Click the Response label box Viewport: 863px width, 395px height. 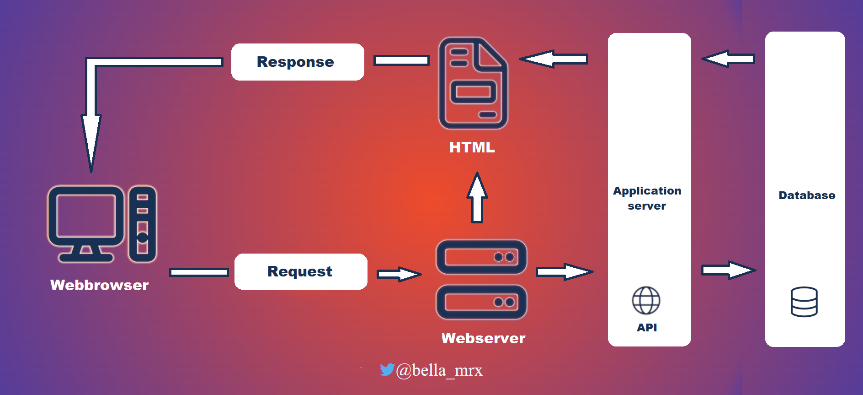pyautogui.click(x=298, y=62)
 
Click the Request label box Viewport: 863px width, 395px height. pyautogui.click(x=301, y=271)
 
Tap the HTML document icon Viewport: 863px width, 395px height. pyautogui.click(x=473, y=83)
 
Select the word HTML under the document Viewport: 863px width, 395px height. pyautogui.click(x=472, y=147)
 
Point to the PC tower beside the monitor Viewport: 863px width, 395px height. pyautogui.click(x=143, y=224)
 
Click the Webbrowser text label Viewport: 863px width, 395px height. pyautogui.click(x=100, y=285)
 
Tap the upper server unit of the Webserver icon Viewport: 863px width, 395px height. pyautogui.click(x=482, y=257)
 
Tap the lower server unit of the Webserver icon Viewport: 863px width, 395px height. pyautogui.click(x=482, y=302)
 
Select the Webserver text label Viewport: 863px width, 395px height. pyautogui.click(x=483, y=338)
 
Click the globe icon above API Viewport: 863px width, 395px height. pyautogui.click(x=646, y=301)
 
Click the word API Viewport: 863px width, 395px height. pyautogui.click(x=647, y=328)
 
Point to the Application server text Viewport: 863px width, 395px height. pyautogui.click(x=647, y=198)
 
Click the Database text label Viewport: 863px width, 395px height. pyautogui.click(x=807, y=195)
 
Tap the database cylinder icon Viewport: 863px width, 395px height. pyautogui.click(x=804, y=302)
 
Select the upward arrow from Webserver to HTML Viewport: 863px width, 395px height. pyautogui.click(x=477, y=198)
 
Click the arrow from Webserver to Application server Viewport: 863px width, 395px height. pyautogui.click(x=565, y=272)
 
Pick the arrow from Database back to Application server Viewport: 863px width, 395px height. pyautogui.click(x=728, y=59)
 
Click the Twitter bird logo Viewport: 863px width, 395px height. pyautogui.click(x=387, y=369)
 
